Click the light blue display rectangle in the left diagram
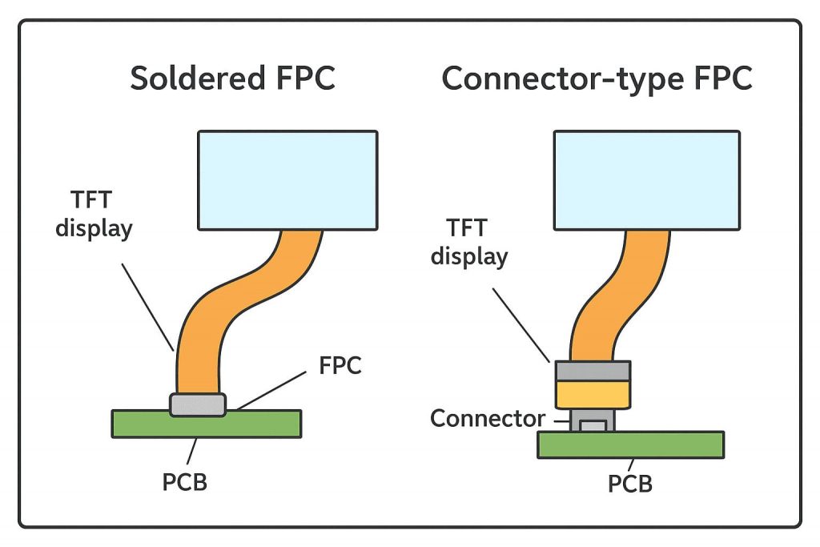[287, 179]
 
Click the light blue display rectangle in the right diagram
[647, 179]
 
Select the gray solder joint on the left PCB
[198, 404]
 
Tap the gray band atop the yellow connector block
[593, 370]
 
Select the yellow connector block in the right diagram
[593, 394]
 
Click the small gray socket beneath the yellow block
[593, 421]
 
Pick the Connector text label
[487, 418]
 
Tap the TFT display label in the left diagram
[94, 214]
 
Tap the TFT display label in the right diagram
[468, 242]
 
